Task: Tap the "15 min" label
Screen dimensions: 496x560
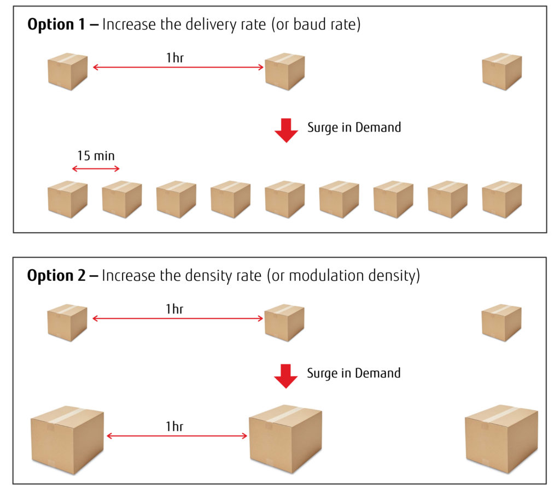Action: point(96,156)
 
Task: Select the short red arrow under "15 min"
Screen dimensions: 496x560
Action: point(96,169)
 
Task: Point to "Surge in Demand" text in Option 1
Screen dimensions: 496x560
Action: point(354,127)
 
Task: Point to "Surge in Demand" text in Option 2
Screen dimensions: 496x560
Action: point(353,374)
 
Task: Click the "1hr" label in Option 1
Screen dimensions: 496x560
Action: point(175,57)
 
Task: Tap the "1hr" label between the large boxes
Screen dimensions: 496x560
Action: point(175,427)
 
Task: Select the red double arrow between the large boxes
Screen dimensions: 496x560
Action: point(177,436)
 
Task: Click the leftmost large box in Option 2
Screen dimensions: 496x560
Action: point(67,440)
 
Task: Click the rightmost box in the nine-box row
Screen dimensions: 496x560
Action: point(501,199)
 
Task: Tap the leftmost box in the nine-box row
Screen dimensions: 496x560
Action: point(67,199)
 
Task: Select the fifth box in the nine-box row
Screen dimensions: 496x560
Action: point(284,199)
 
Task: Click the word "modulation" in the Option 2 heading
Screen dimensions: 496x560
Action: point(322,276)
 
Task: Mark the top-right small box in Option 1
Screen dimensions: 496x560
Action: point(501,72)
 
